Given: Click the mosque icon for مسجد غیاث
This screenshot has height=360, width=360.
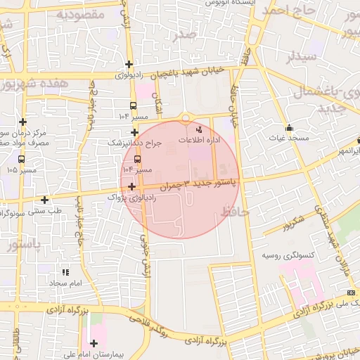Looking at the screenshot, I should (x=289, y=127).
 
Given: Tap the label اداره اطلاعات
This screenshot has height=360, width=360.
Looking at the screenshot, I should (x=199, y=141).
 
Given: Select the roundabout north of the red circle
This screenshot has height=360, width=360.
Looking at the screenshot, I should (x=186, y=117).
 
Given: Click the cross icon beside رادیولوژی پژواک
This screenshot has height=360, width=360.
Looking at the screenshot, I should (x=131, y=186).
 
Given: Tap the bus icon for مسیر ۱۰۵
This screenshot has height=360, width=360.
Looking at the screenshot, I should (x=20, y=159).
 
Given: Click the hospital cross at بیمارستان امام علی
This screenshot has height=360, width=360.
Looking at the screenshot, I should (x=94, y=342).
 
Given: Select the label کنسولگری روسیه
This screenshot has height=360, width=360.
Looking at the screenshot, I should (x=287, y=255).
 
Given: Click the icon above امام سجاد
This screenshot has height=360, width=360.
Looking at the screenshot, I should (x=66, y=272).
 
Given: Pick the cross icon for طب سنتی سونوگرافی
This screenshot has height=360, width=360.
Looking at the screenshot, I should (x=45, y=200).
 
